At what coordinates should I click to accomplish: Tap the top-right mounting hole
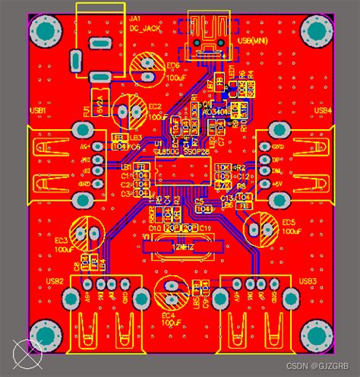(x=314, y=32)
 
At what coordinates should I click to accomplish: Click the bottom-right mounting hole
(x=314, y=334)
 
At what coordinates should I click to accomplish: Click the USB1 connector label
(x=38, y=111)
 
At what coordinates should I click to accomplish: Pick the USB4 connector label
(x=323, y=111)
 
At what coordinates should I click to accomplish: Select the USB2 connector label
(x=54, y=280)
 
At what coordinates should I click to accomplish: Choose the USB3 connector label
(x=307, y=280)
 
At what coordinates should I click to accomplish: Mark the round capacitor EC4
(x=169, y=290)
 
